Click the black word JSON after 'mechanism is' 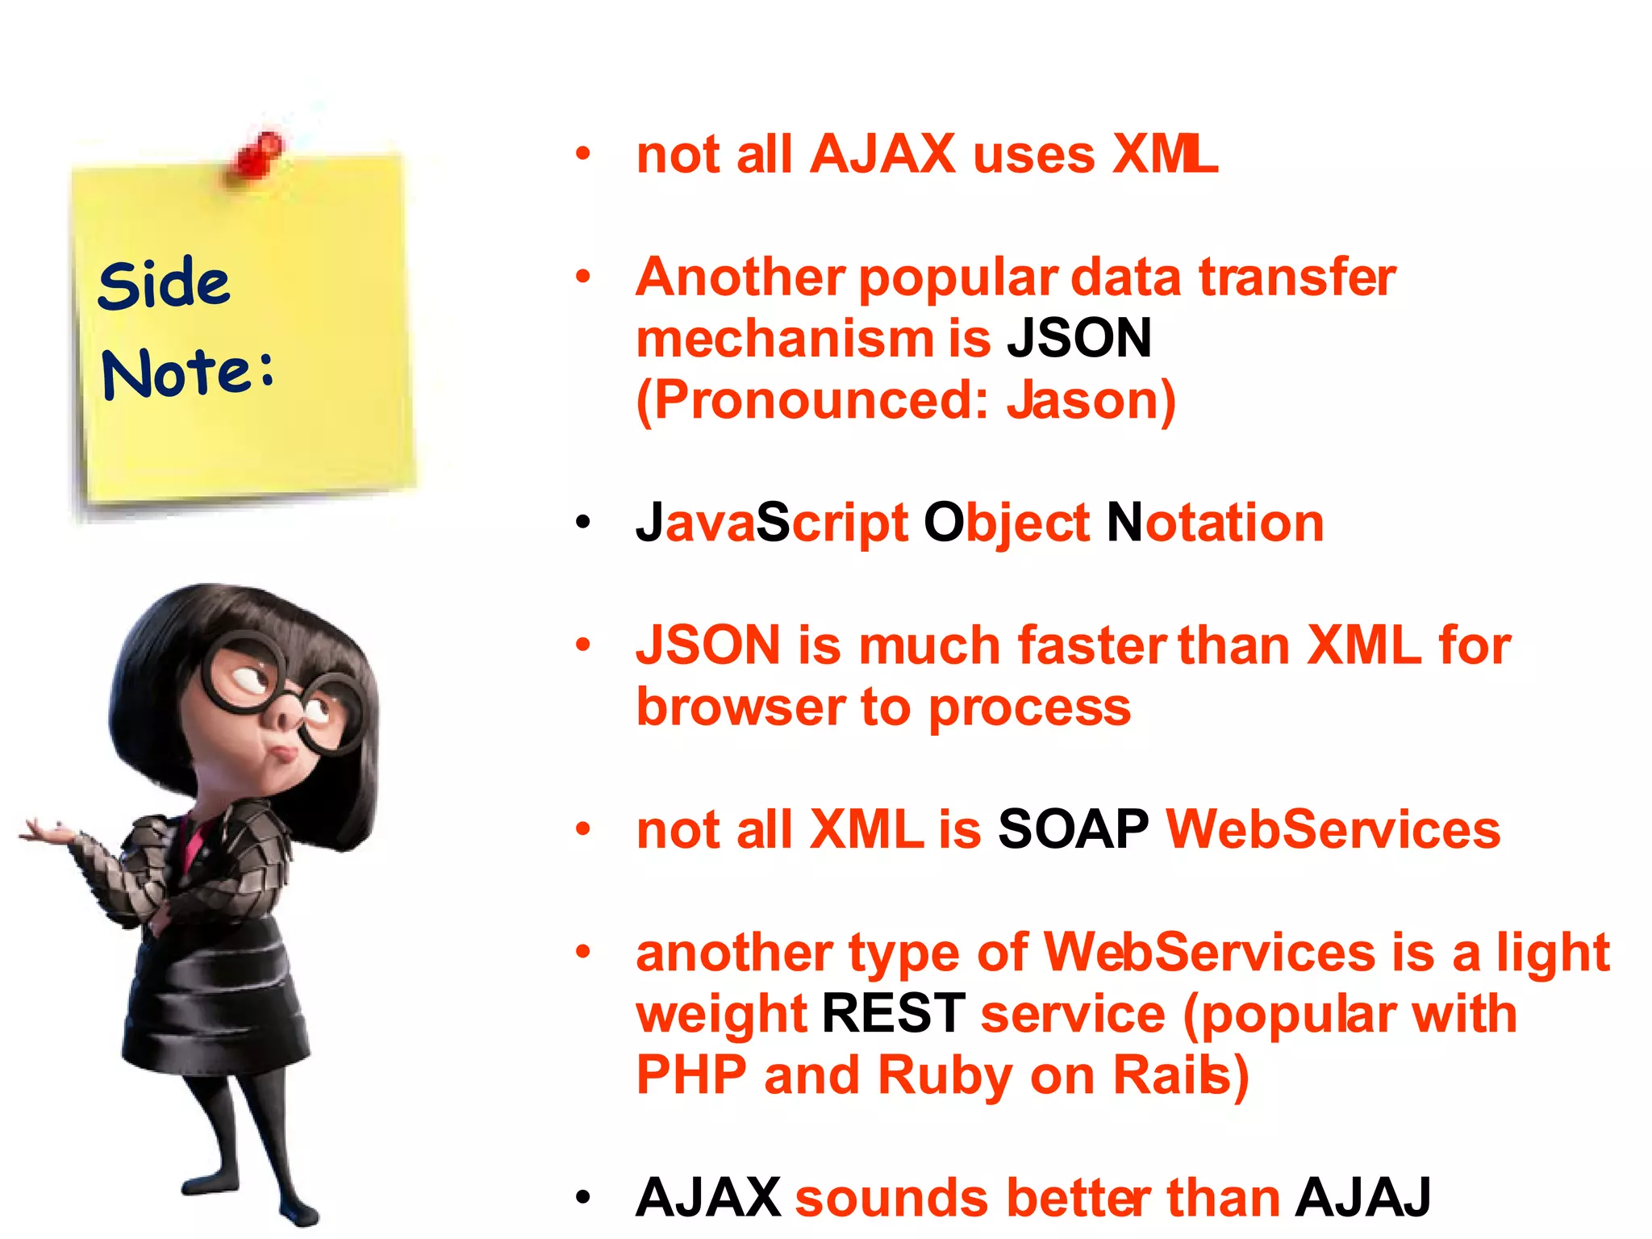point(1078,338)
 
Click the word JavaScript point(772,523)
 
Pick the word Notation point(1215,523)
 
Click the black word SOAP point(1073,829)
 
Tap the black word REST point(893,1013)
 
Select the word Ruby point(945,1075)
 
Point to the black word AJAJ point(1362,1197)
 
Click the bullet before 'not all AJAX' point(583,153)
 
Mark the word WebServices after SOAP point(1333,829)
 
